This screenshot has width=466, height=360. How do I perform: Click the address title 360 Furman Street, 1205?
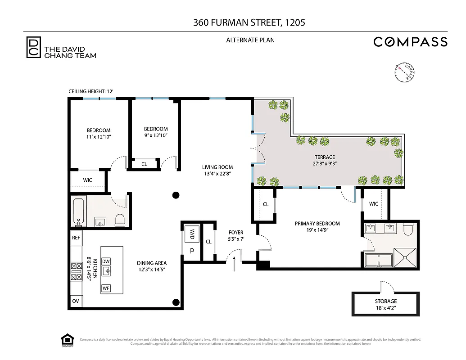pyautogui.click(x=249, y=22)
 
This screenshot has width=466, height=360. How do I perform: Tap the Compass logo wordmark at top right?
pyautogui.click(x=410, y=42)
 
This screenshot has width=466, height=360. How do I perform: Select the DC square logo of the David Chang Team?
pyautogui.click(x=33, y=47)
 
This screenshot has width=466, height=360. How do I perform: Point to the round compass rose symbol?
pyautogui.click(x=405, y=72)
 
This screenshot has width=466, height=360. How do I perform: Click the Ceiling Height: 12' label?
pyautogui.click(x=90, y=91)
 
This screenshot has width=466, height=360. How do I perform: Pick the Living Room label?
pyautogui.click(x=217, y=170)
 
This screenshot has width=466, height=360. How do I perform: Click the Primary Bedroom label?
pyautogui.click(x=317, y=226)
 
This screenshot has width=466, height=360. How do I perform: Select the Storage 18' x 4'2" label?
pyautogui.click(x=386, y=304)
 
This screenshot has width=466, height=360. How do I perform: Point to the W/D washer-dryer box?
pyautogui.click(x=191, y=235)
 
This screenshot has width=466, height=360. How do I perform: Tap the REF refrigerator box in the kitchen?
pyautogui.click(x=76, y=238)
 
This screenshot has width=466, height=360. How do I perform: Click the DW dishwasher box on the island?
pyautogui.click(x=106, y=261)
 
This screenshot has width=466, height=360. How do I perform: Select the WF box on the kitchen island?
pyautogui.click(x=106, y=288)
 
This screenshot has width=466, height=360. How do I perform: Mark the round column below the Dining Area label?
pyautogui.click(x=176, y=302)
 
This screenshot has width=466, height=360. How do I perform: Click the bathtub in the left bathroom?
pyautogui.click(x=78, y=211)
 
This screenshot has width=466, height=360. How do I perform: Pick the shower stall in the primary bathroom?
pyautogui.click(x=406, y=258)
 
